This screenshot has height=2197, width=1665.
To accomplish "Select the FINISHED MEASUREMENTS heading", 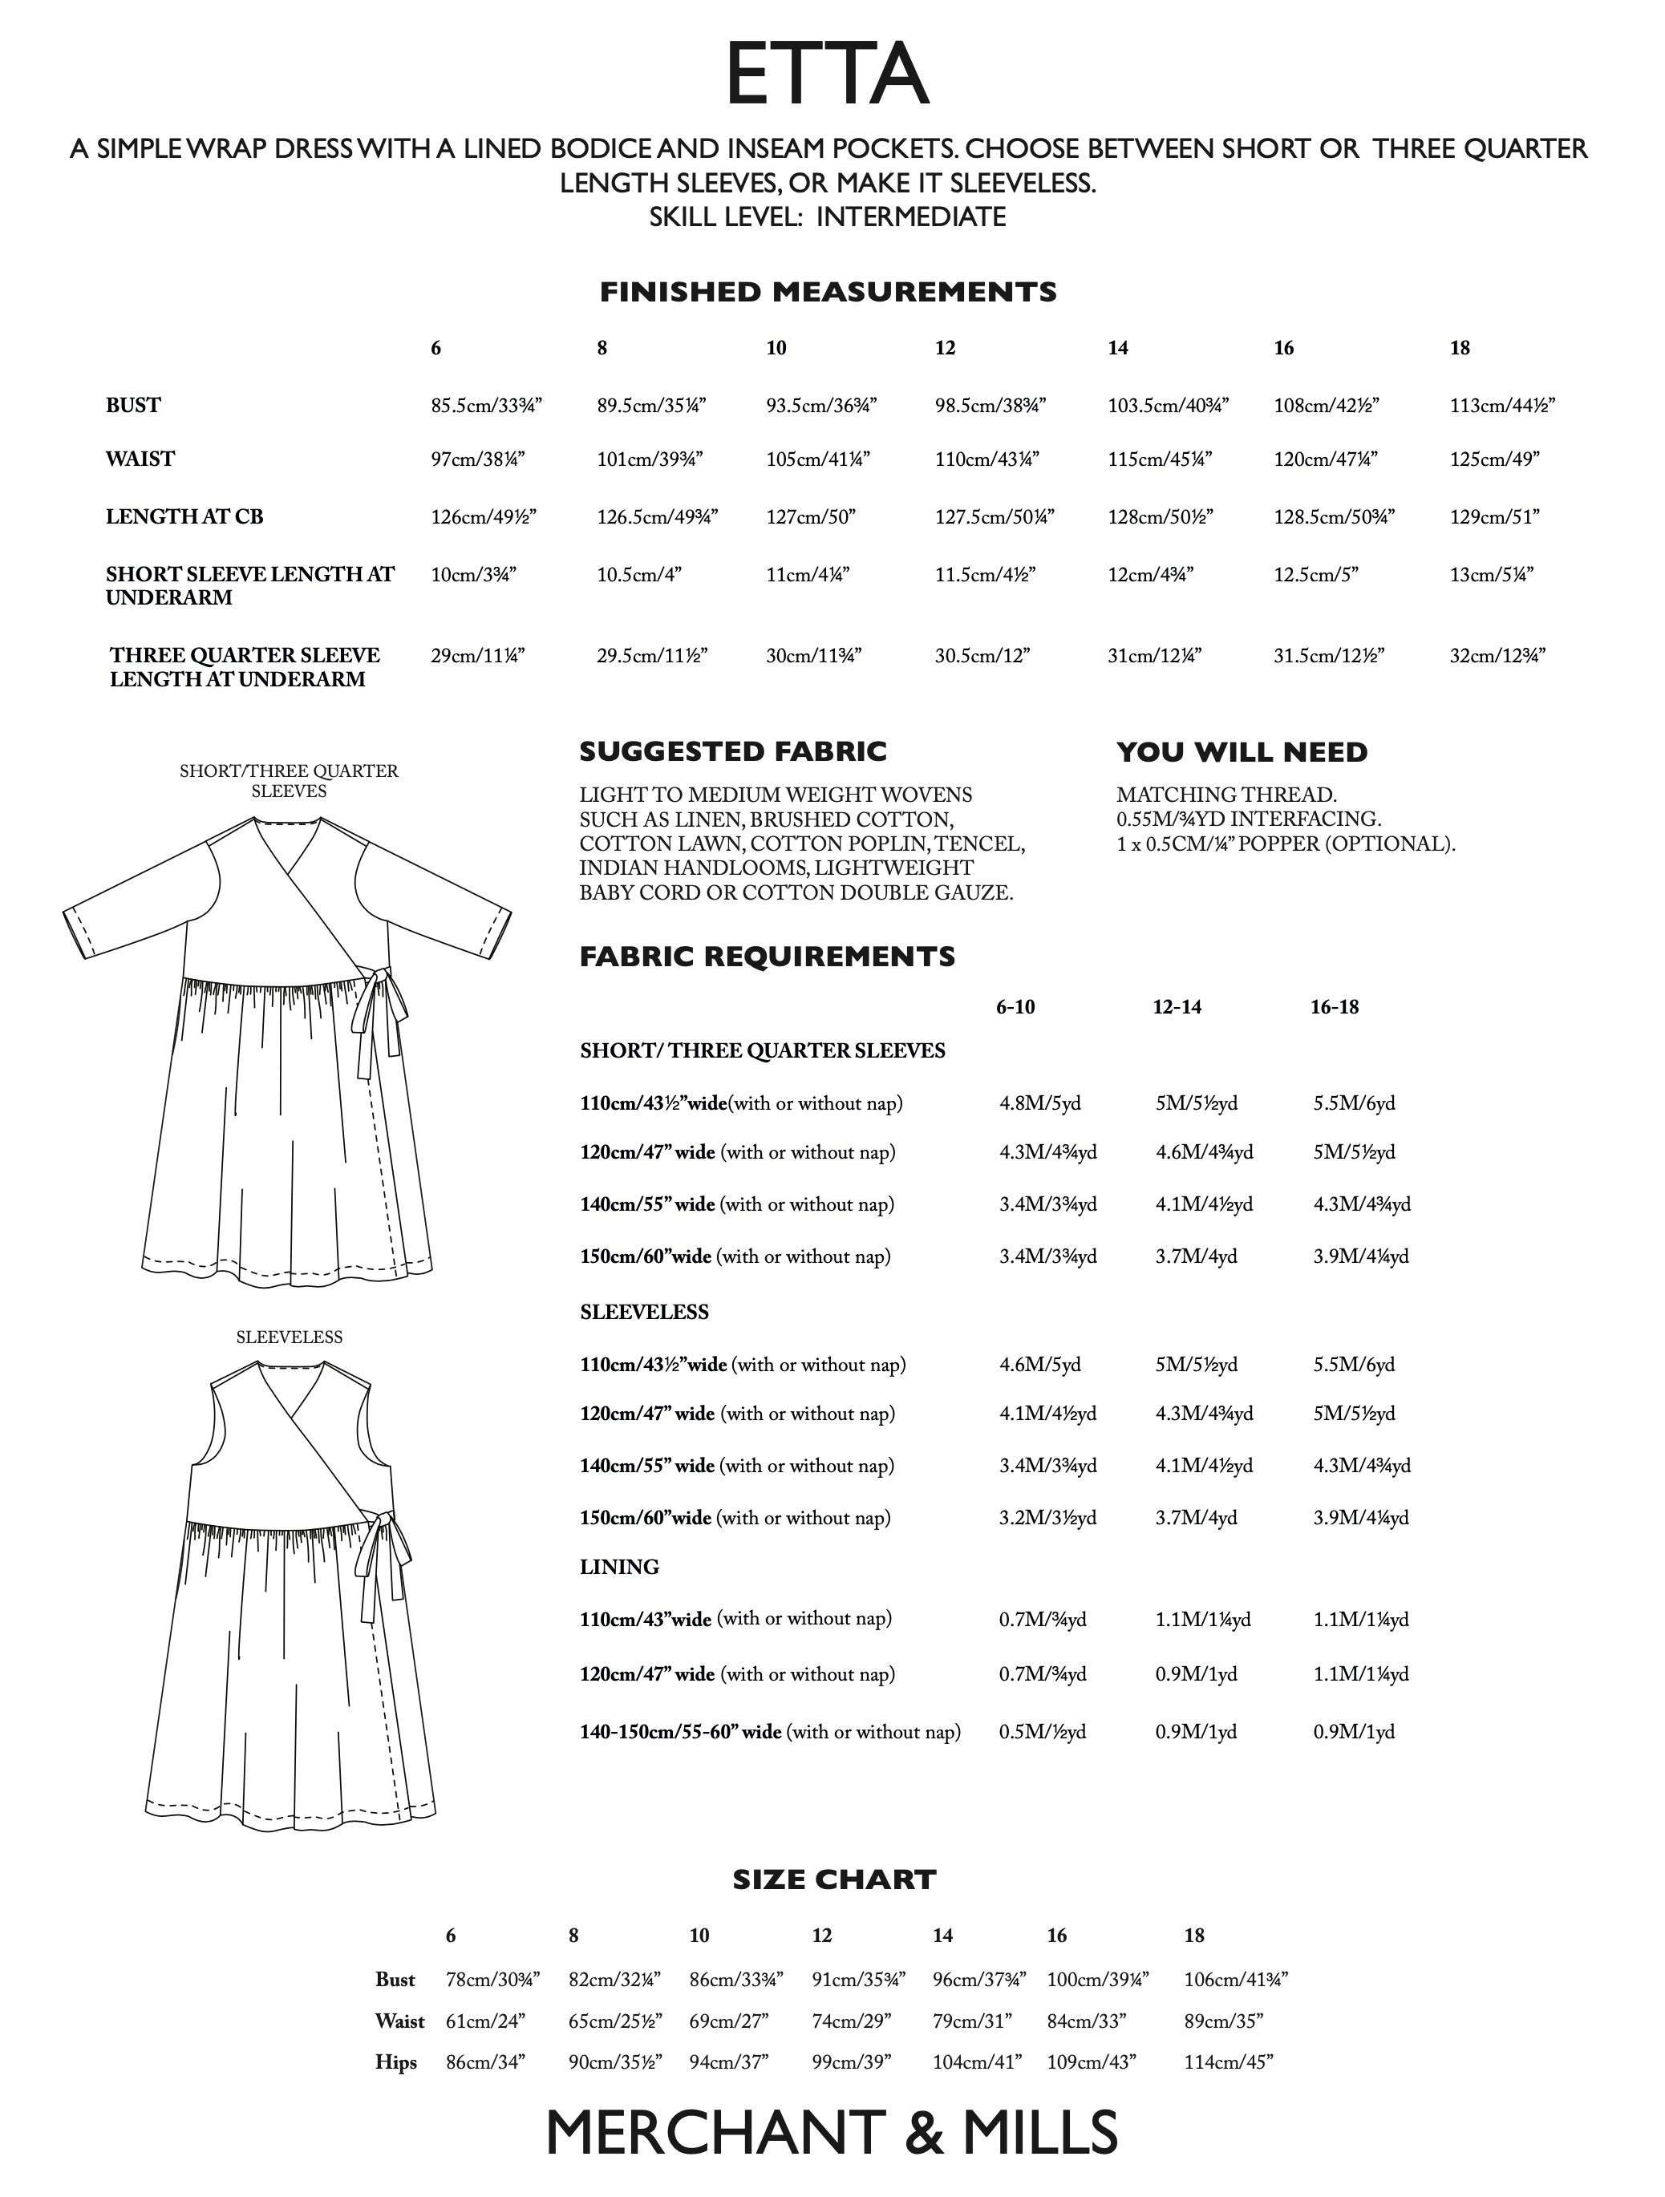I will tap(828, 292).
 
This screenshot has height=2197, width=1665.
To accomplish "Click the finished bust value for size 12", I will tap(990, 405).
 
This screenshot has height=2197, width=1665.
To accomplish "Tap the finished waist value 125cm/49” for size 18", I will tap(1494, 459).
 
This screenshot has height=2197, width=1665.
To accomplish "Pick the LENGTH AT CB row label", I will tap(184, 516).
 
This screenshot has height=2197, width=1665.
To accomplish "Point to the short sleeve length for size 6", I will tap(473, 574).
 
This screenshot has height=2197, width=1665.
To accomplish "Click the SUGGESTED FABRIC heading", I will tap(732, 752).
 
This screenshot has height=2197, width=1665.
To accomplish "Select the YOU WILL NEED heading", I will tap(1241, 752).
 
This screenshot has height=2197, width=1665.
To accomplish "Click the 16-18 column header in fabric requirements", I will tap(1335, 1007).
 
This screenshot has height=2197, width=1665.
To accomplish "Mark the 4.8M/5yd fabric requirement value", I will tap(1039, 1103).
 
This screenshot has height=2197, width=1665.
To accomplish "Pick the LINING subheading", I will tap(619, 1568).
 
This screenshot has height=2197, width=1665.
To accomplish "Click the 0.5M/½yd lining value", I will tap(1042, 1732).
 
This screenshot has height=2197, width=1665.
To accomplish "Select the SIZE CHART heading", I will tap(833, 1879).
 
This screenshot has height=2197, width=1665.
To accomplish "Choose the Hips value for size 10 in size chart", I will tap(728, 2062).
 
